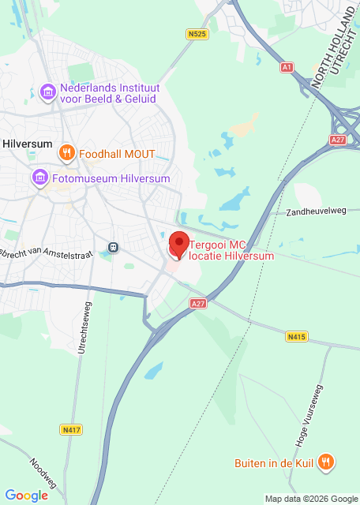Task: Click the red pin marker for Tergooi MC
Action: (178, 245)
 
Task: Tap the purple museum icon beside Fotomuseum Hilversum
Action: (38, 179)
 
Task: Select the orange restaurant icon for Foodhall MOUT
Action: (68, 153)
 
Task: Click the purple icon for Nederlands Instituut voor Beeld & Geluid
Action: (49, 93)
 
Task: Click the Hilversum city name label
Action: (28, 144)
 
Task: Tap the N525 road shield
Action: (197, 34)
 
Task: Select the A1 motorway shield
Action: (287, 67)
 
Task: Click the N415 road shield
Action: (296, 337)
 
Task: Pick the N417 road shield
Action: (71, 429)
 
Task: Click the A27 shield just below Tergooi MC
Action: (198, 302)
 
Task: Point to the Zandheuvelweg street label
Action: (317, 212)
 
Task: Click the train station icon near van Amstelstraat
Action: (114, 247)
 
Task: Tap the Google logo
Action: (26, 495)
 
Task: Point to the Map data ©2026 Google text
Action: (311, 499)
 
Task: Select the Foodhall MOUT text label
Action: (117, 153)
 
